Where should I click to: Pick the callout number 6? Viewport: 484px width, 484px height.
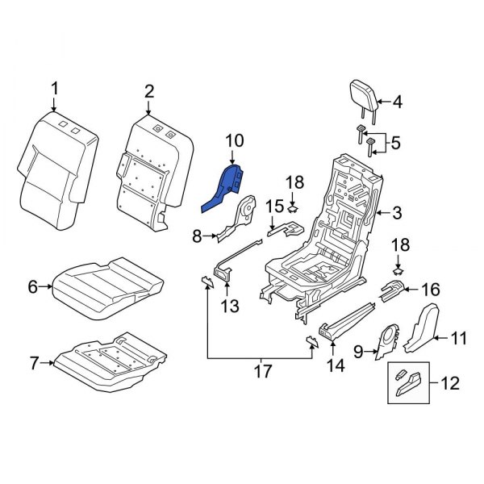coord(33,286)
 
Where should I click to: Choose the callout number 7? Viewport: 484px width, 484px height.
coord(33,363)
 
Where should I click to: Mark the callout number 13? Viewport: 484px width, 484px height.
coord(230,306)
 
